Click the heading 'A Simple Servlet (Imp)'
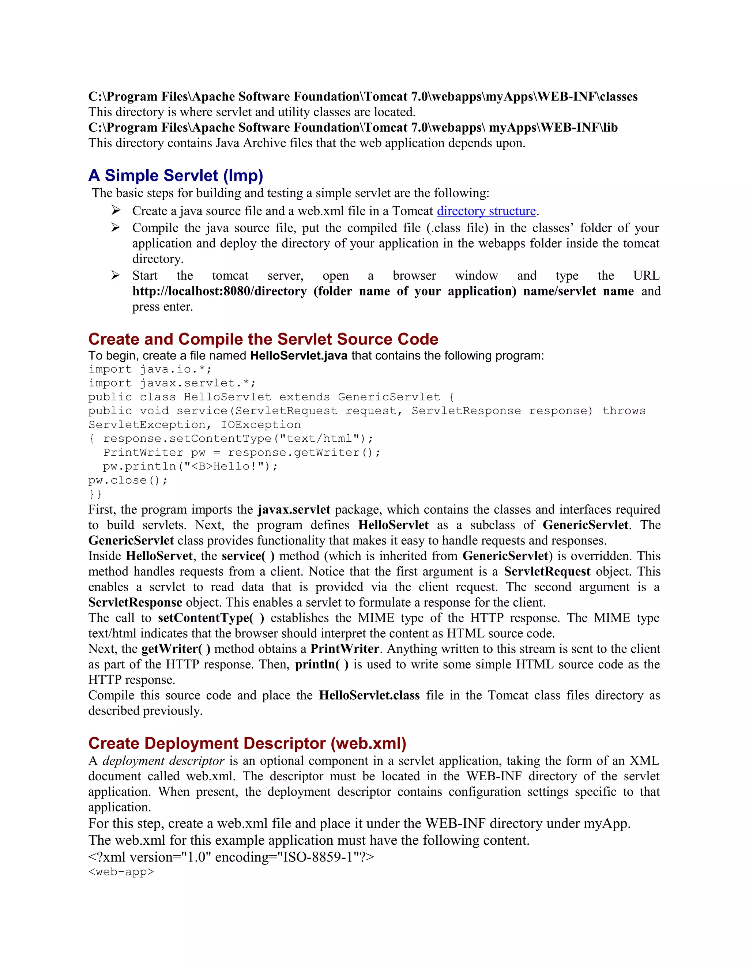pyautogui.click(x=175, y=176)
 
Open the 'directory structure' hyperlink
pyautogui.click(x=486, y=211)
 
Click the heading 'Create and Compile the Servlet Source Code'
pyautogui.click(x=263, y=339)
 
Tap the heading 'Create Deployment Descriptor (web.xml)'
pyautogui.click(x=247, y=743)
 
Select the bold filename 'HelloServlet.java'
pyautogui.click(x=299, y=356)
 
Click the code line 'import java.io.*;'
pyautogui.click(x=150, y=370)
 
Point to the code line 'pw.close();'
pyautogui.click(x=128, y=480)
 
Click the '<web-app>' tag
pyautogui.click(x=121, y=871)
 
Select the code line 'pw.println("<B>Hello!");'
pyautogui.click(x=190, y=467)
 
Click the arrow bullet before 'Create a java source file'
pyautogui.click(x=115, y=210)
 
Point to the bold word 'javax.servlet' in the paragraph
pyautogui.click(x=294, y=509)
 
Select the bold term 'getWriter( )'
pyautogui.click(x=176, y=649)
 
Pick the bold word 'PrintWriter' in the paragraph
pyautogui.click(x=344, y=649)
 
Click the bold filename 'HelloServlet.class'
pyautogui.click(x=369, y=695)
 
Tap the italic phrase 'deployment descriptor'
pyautogui.click(x=163, y=761)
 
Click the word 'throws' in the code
pyautogui.click(x=624, y=411)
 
